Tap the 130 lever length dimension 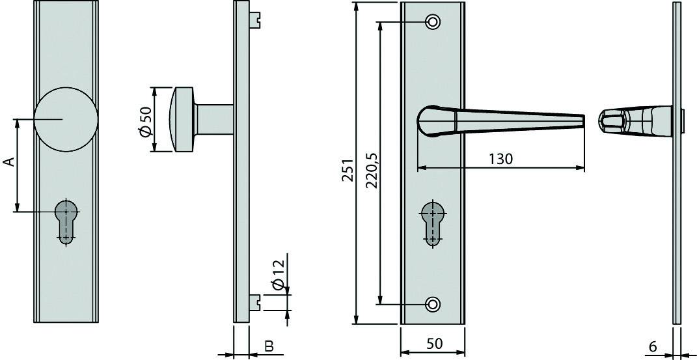500,159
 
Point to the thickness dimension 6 653,346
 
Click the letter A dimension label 9,162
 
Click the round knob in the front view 66,118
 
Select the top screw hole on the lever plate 432,22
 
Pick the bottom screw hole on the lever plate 432,303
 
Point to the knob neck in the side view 215,119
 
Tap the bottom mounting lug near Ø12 258,302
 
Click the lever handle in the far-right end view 635,122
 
